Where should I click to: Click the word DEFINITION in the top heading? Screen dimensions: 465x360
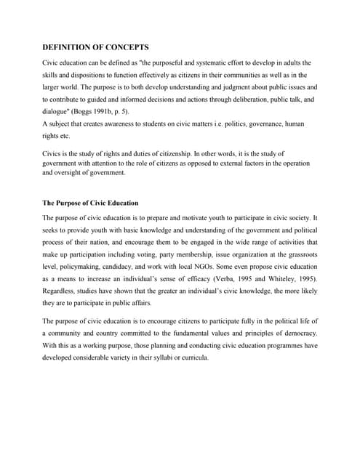[71, 46]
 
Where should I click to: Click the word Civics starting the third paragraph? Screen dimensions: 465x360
[52, 154]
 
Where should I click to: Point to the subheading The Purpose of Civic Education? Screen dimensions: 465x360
[90, 203]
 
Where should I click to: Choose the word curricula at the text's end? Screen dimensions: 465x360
[191, 358]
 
